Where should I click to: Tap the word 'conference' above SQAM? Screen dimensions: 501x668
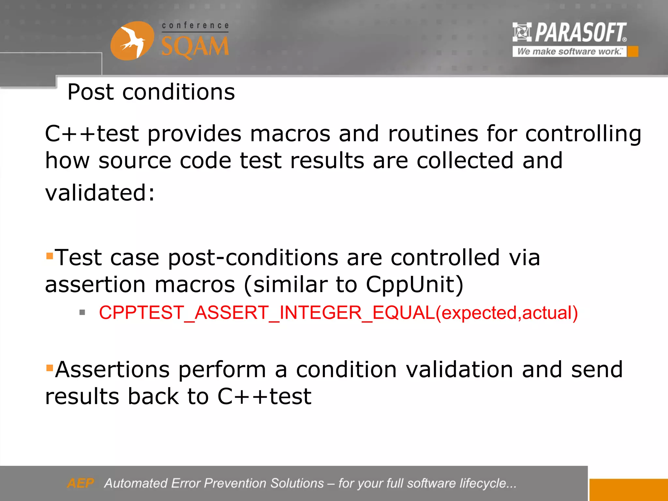click(195, 25)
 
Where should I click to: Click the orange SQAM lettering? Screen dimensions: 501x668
click(195, 47)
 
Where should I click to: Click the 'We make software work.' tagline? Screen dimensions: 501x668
click(569, 52)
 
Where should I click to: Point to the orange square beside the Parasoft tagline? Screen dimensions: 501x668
click(633, 52)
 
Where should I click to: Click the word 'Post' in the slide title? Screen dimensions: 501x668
click(90, 92)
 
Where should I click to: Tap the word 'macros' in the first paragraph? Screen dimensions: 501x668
click(290, 134)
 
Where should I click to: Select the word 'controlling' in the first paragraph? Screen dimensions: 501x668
click(583, 134)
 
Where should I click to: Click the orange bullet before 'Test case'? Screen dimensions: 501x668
click(50, 255)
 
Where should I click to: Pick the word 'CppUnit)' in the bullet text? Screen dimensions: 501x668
click(414, 284)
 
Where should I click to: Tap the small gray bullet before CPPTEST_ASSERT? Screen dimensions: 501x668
click(82, 312)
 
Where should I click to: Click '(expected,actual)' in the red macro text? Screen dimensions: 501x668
click(507, 312)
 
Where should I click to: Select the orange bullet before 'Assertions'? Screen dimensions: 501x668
click(50, 368)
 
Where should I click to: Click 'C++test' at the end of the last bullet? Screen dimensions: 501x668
click(264, 396)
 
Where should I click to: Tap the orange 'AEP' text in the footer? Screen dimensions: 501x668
click(80, 483)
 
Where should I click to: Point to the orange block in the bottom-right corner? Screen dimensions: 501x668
click(628, 490)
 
